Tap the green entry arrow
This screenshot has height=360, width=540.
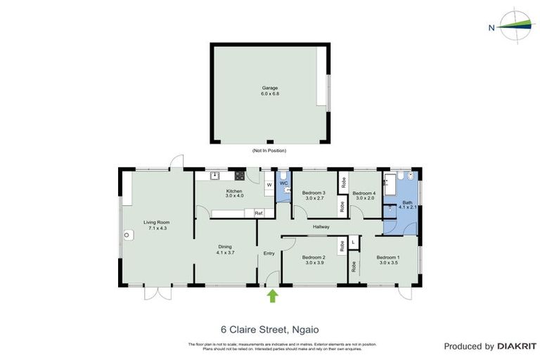(273, 296)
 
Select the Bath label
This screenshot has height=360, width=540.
(408, 204)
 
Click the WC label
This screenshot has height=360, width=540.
(284, 184)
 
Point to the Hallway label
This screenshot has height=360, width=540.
(321, 226)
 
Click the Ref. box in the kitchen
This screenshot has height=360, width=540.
(259, 213)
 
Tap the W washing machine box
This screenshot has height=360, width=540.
(269, 185)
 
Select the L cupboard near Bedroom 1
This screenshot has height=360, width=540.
(353, 243)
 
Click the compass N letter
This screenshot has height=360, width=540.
(491, 28)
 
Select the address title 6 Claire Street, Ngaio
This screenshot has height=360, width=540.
(269, 328)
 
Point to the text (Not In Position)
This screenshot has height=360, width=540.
(270, 151)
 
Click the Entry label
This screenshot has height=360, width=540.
(269, 253)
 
